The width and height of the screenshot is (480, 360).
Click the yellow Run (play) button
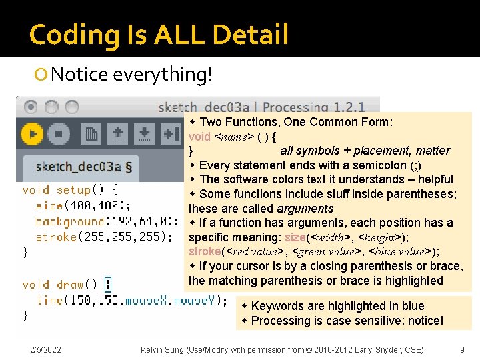32,134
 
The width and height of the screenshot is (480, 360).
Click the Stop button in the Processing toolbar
59,134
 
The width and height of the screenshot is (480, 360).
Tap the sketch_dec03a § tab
83,167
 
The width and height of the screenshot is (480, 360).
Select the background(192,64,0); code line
107,221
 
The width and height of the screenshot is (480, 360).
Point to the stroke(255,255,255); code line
104,236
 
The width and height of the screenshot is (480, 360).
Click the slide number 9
462,349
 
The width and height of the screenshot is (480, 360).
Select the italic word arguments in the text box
305,209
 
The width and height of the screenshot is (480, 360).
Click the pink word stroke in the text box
205,251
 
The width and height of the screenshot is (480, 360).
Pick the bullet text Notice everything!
131,74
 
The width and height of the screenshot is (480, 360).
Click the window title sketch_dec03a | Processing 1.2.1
262,107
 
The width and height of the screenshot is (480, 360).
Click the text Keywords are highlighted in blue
337,306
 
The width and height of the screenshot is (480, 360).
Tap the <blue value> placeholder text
397,251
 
